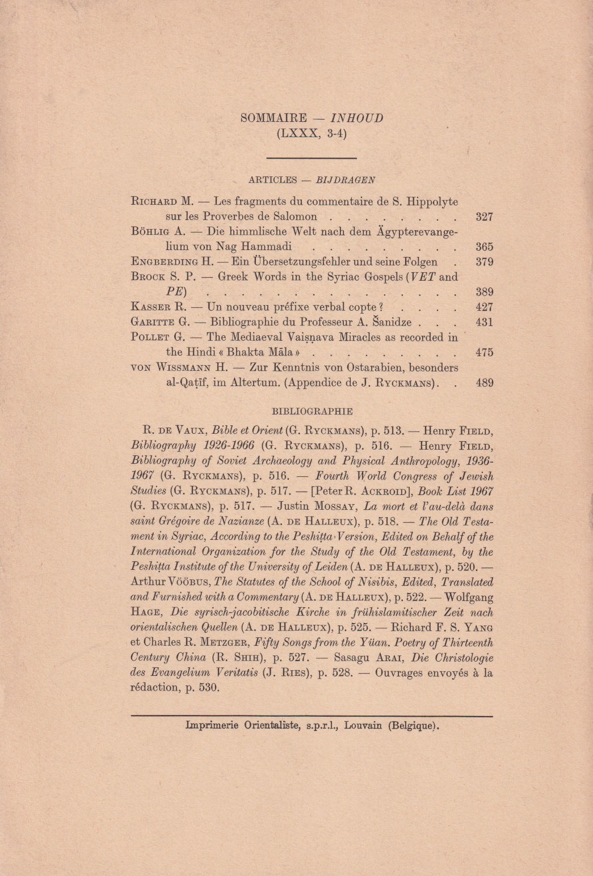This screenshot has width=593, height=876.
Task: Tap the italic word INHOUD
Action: tap(356, 118)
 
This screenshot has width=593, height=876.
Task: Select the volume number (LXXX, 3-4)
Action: tap(312, 134)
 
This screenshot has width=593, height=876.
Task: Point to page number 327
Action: tap(484, 217)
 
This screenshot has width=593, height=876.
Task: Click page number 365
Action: tap(484, 247)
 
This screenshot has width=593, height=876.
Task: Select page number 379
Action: tap(484, 262)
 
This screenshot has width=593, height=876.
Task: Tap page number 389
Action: tap(484, 292)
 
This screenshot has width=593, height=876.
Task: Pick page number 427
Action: tap(484, 307)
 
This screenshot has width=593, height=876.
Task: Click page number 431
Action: tap(484, 322)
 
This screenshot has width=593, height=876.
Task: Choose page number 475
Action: tap(484, 352)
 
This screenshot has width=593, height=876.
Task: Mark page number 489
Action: tap(484, 383)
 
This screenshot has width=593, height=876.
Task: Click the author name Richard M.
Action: tap(162, 201)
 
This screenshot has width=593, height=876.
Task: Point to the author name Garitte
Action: tap(153, 322)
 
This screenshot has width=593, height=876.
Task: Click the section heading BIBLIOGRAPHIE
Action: tap(312, 411)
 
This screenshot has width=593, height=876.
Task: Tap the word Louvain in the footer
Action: tap(363, 725)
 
